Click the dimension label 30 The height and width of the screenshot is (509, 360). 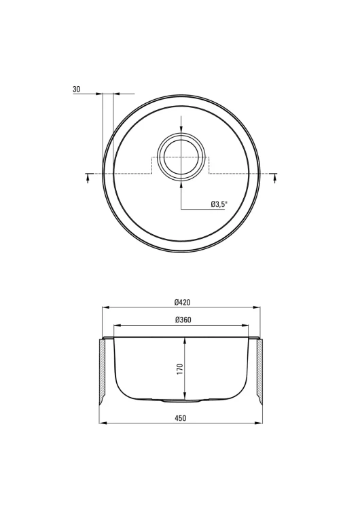(x=77, y=89)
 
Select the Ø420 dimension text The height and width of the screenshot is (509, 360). (x=182, y=303)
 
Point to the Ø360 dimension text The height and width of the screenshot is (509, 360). (x=183, y=320)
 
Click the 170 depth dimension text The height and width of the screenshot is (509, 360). (x=180, y=369)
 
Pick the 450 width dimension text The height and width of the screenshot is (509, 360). (x=181, y=418)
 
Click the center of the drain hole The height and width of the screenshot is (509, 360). (x=181, y=157)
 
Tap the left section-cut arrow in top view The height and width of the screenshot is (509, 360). (x=88, y=178)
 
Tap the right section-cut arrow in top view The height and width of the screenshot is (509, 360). (x=275, y=178)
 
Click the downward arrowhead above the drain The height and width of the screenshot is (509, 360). (x=181, y=129)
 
